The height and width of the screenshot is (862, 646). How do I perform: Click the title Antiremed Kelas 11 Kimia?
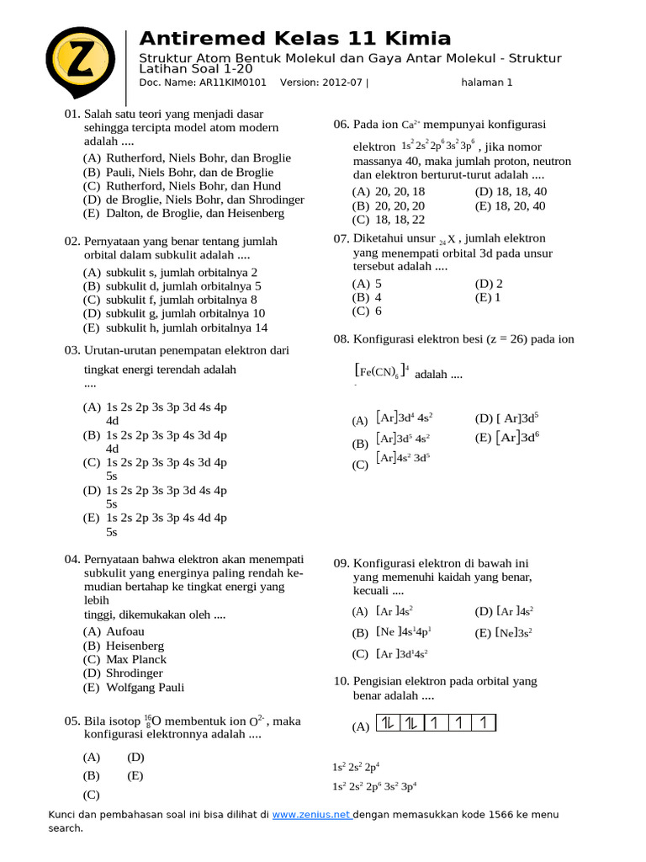294,39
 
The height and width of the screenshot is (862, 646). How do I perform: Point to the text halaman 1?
486,82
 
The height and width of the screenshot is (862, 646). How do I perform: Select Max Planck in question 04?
136,659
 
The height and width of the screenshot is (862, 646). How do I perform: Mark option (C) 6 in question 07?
368,311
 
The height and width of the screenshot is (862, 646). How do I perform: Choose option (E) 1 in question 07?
489,297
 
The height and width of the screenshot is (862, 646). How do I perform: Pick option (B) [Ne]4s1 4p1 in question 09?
392,631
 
